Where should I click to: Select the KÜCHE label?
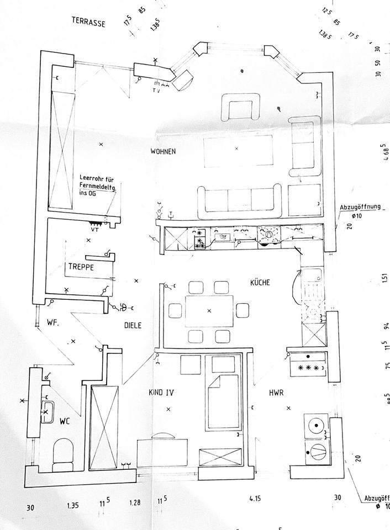[x=260, y=283]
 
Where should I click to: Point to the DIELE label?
[x=132, y=326]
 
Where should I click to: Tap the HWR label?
[x=276, y=393]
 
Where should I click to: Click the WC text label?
[x=65, y=421]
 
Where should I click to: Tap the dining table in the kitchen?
[x=209, y=311]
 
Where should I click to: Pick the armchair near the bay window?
[x=241, y=106]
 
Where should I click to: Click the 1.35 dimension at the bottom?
[x=72, y=505]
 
